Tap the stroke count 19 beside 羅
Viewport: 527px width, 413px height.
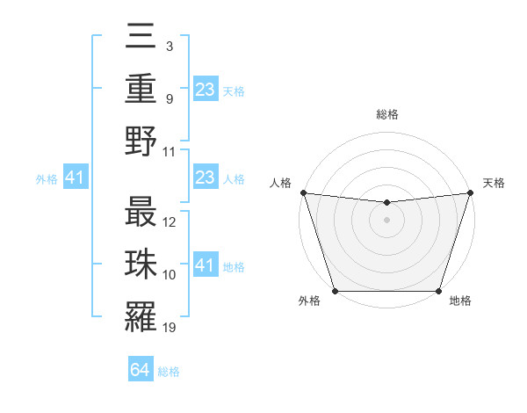170,329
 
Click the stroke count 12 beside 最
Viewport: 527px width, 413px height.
170,222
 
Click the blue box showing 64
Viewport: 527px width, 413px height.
141,370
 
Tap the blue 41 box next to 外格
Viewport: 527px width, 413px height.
75,178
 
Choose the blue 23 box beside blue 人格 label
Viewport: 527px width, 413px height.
206,178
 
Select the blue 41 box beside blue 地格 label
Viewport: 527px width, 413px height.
206,266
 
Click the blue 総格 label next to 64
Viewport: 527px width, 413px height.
169,372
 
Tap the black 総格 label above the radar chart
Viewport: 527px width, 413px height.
386,114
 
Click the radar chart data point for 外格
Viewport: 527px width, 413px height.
336,291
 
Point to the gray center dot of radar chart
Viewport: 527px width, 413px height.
386,220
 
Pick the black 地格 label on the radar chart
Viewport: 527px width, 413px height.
460,301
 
